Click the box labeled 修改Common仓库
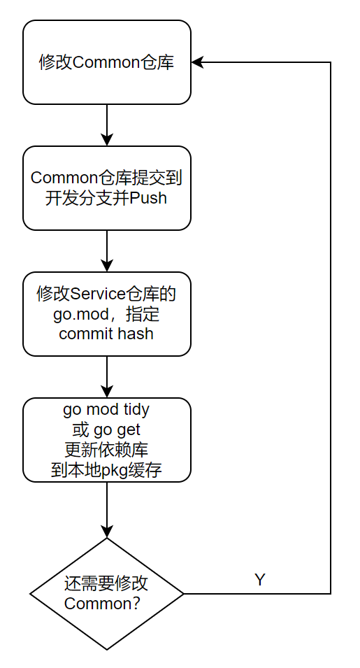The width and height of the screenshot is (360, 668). [106, 62]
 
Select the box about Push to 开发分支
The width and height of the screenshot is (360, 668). [106, 188]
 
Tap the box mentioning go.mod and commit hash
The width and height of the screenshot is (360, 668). [106, 314]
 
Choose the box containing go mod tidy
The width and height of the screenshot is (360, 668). [106, 440]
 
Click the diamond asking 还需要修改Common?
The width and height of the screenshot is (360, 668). [106, 594]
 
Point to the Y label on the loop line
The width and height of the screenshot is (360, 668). [260, 580]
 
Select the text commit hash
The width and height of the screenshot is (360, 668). [106, 333]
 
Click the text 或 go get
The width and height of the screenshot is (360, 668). [106, 429]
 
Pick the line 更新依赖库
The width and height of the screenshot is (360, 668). [106, 449]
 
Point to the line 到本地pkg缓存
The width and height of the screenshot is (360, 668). [106, 469]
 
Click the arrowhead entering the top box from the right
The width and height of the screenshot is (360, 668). [196, 62]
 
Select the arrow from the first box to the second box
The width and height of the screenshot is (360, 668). [106, 125]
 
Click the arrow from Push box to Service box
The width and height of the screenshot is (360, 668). [106, 251]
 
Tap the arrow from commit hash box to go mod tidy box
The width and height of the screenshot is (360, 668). [106, 377]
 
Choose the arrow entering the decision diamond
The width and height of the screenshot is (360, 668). [106, 510]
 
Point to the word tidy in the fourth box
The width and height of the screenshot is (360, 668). [136, 408]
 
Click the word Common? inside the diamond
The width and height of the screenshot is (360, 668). [102, 604]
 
